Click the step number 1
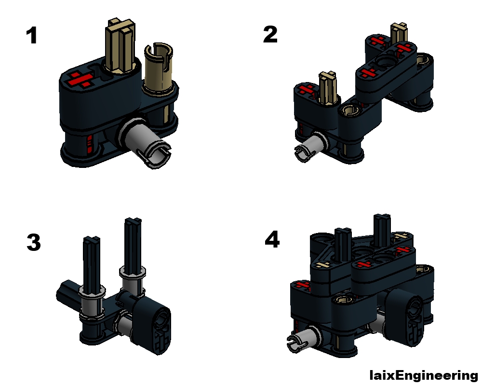click(x=32, y=36)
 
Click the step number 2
click(x=270, y=35)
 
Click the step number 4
click(x=272, y=240)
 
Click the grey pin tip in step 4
click(x=297, y=343)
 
